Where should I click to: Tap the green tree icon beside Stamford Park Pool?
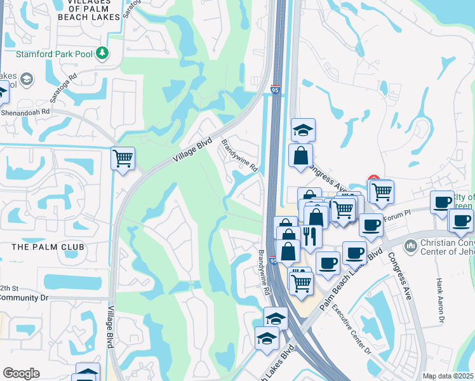click(x=102, y=53)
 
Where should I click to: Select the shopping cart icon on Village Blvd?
click(x=122, y=158)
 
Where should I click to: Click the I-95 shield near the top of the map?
click(x=275, y=91)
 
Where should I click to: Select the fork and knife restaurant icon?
click(x=309, y=236)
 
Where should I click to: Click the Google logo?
click(x=21, y=373)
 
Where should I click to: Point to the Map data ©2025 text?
click(x=448, y=375)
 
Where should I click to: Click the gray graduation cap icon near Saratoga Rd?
click(x=27, y=79)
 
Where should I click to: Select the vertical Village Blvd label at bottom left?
click(x=110, y=328)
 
